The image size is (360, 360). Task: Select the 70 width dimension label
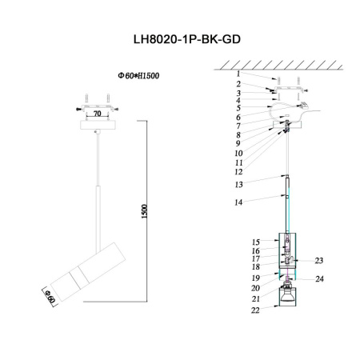point(97,114)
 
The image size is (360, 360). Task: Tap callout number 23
point(318,260)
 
